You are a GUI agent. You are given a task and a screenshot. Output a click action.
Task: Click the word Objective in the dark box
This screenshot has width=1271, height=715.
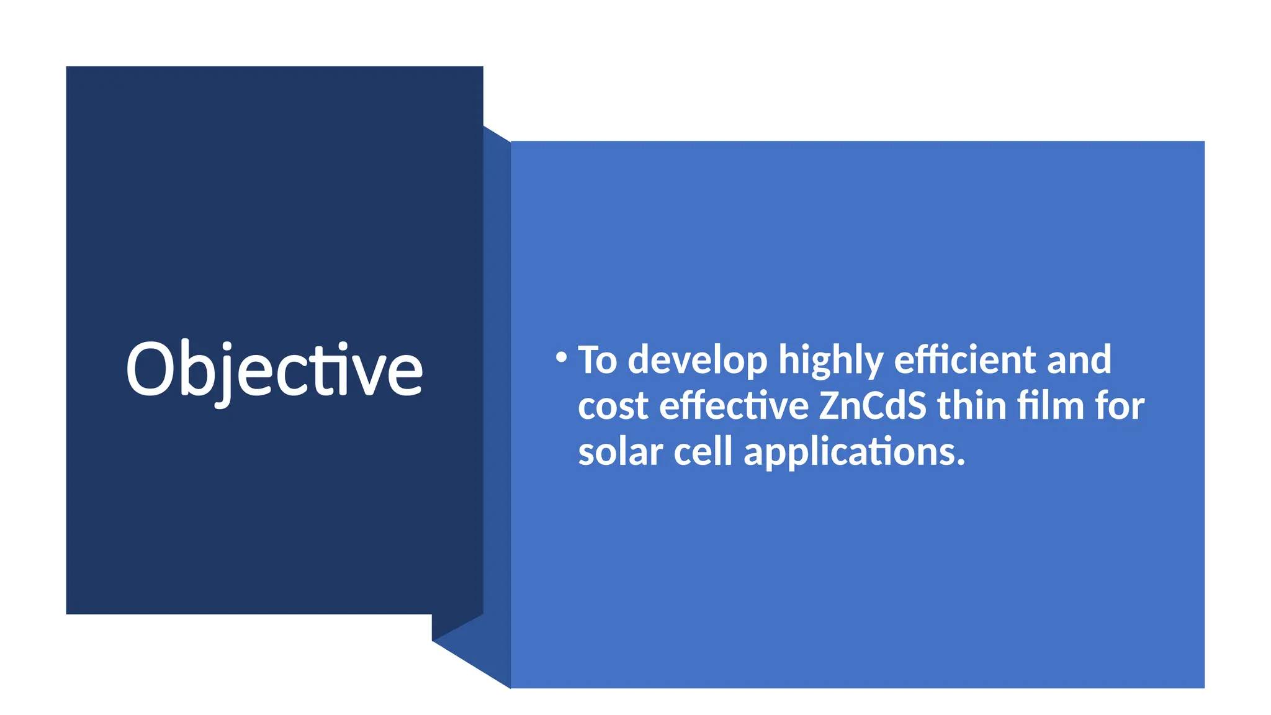274,370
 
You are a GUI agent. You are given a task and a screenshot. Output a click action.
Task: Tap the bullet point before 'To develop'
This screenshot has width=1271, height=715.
561,357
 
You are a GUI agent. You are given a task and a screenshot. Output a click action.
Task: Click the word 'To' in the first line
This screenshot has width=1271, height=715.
597,360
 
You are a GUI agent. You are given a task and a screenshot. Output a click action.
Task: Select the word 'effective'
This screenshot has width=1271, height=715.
734,406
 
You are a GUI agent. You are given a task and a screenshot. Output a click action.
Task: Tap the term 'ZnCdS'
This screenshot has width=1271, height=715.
872,406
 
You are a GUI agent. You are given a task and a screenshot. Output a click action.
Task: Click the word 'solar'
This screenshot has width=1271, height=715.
620,452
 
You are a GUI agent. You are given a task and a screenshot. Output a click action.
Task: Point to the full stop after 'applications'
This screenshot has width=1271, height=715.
961,463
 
